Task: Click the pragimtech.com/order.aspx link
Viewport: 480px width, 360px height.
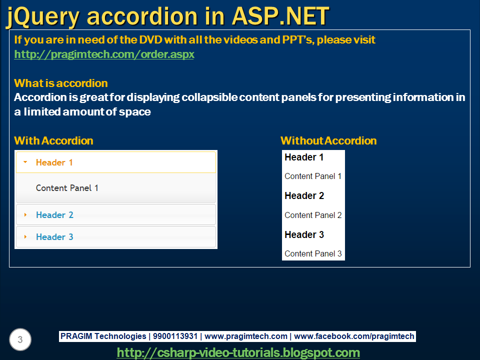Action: tap(104, 54)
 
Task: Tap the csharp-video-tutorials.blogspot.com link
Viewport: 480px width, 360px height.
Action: tap(238, 352)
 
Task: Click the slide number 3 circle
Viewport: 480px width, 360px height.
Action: tap(20, 339)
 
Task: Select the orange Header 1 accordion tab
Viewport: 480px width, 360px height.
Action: tap(116, 162)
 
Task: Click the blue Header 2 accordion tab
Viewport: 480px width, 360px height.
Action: tap(116, 214)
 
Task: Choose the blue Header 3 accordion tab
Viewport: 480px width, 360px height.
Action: tap(116, 236)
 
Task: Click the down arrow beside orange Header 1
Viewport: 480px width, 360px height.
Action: tap(25, 162)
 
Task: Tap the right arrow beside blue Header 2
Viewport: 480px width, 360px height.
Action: tap(25, 215)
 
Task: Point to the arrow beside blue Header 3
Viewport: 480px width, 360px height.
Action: tap(25, 237)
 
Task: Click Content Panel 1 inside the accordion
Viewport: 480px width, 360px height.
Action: tap(67, 188)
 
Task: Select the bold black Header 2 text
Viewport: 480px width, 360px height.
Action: tap(304, 195)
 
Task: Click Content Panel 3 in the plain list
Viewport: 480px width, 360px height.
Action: tap(313, 254)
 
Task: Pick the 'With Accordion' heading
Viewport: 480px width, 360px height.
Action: tap(53, 141)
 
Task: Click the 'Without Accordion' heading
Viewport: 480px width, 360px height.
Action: tap(328, 141)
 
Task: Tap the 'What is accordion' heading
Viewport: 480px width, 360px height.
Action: tap(61, 83)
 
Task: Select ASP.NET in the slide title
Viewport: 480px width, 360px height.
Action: tap(280, 16)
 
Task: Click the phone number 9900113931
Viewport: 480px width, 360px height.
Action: tap(175, 336)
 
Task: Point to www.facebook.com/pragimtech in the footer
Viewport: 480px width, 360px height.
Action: tap(354, 336)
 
